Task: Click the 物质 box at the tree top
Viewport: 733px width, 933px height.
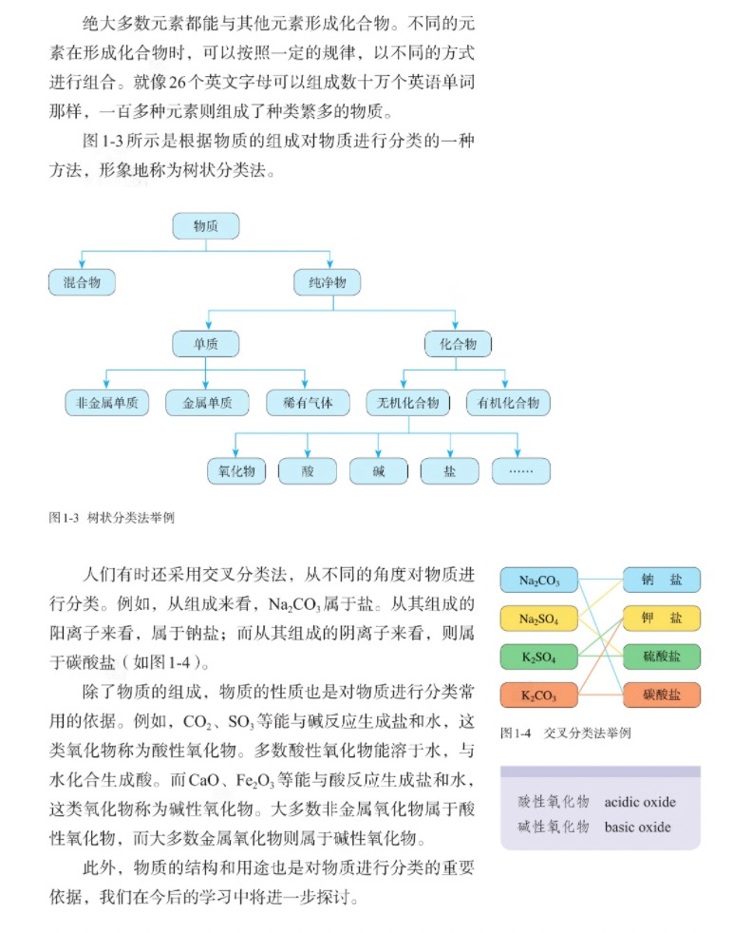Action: click(206, 226)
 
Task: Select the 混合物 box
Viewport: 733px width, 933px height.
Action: click(82, 282)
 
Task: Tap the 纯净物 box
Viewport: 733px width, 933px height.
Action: click(328, 282)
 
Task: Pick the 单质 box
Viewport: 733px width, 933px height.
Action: click(206, 344)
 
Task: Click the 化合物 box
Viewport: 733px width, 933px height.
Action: click(458, 344)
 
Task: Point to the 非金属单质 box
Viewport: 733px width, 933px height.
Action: click(107, 403)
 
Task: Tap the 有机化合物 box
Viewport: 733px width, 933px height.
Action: click(508, 403)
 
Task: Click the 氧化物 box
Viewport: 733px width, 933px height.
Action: click(236, 470)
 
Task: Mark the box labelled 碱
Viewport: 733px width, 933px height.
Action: click(379, 470)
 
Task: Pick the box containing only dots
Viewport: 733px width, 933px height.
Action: click(520, 470)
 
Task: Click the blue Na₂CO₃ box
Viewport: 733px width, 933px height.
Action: click(539, 581)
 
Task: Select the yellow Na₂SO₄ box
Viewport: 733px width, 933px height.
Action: click(539, 619)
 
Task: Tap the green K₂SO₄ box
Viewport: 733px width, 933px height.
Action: click(539, 657)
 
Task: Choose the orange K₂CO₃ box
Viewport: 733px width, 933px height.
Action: click(539, 695)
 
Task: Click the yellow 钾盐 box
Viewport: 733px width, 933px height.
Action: click(662, 618)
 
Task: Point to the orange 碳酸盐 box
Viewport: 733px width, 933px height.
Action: click(662, 695)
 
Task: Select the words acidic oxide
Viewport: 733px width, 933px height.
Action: click(640, 802)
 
